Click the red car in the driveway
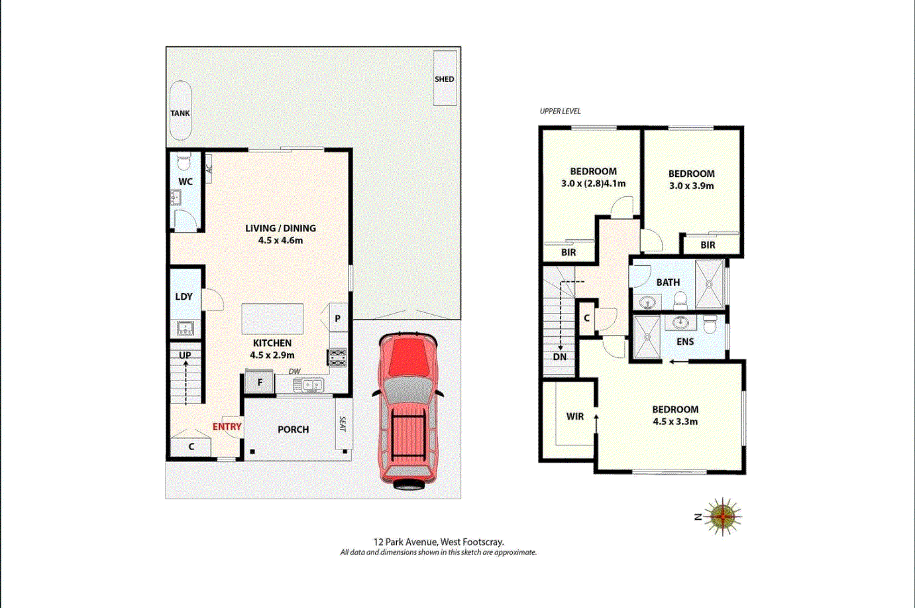[408, 411]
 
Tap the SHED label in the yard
[445, 79]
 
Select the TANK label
[180, 113]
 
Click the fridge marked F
[259, 383]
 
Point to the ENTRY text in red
[227, 427]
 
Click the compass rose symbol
[722, 517]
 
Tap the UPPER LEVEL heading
[560, 111]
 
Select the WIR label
[574, 416]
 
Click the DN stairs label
[560, 357]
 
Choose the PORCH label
[293, 430]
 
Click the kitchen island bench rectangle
[272, 319]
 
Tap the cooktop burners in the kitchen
[337, 357]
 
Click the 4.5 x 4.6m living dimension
[280, 241]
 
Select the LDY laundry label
[184, 297]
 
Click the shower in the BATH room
[710, 284]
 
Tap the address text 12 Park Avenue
[406, 542]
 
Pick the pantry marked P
[338, 318]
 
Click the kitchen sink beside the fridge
[308, 385]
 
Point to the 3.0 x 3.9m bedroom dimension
[691, 186]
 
